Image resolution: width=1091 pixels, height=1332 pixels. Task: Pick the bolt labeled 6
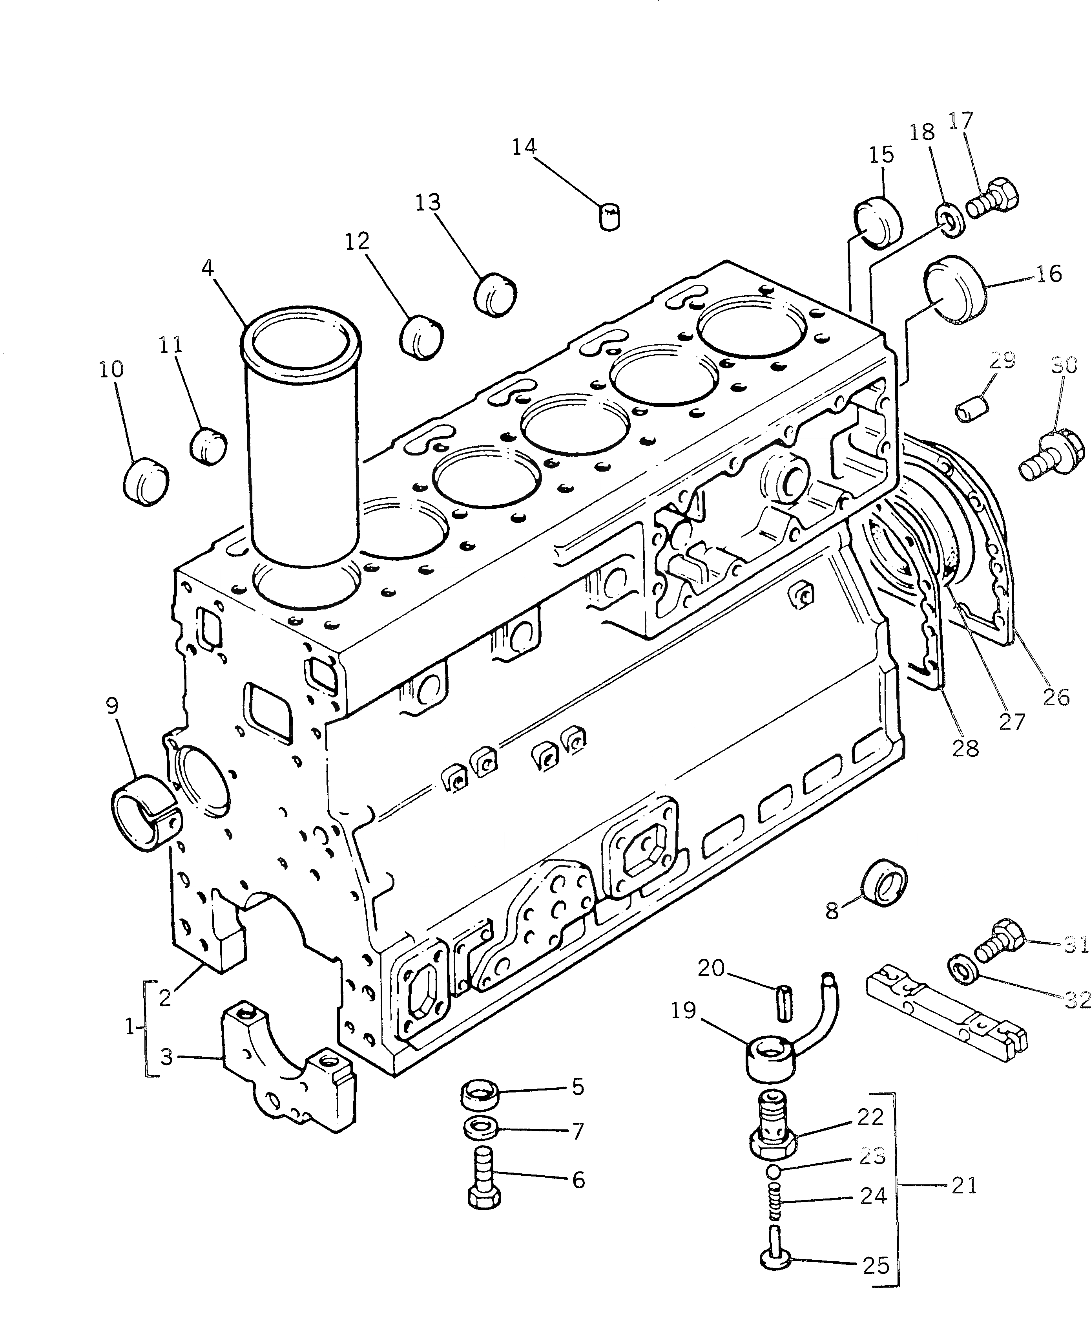485,1186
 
